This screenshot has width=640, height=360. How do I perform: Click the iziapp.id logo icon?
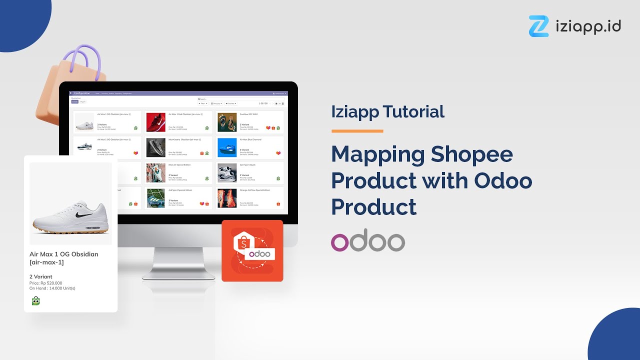(538, 26)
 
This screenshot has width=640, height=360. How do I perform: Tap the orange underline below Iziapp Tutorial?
(357, 131)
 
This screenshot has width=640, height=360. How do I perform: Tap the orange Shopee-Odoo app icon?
(252, 250)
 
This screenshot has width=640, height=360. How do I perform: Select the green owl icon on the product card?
(35, 300)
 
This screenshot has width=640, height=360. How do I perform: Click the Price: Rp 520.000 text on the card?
(46, 283)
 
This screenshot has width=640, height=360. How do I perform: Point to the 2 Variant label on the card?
(41, 276)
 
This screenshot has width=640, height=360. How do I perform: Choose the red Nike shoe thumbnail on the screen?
(155, 122)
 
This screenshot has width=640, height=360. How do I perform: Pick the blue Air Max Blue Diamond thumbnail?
(227, 147)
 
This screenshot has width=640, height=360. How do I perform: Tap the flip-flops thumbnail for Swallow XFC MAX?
(227, 122)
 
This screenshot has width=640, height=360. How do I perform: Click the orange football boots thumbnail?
(227, 198)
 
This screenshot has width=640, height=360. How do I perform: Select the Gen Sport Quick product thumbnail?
(227, 173)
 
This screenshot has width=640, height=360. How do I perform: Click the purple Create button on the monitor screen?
(75, 101)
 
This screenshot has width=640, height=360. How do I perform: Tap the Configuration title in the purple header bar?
(82, 93)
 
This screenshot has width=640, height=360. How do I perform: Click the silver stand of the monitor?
(178, 260)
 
